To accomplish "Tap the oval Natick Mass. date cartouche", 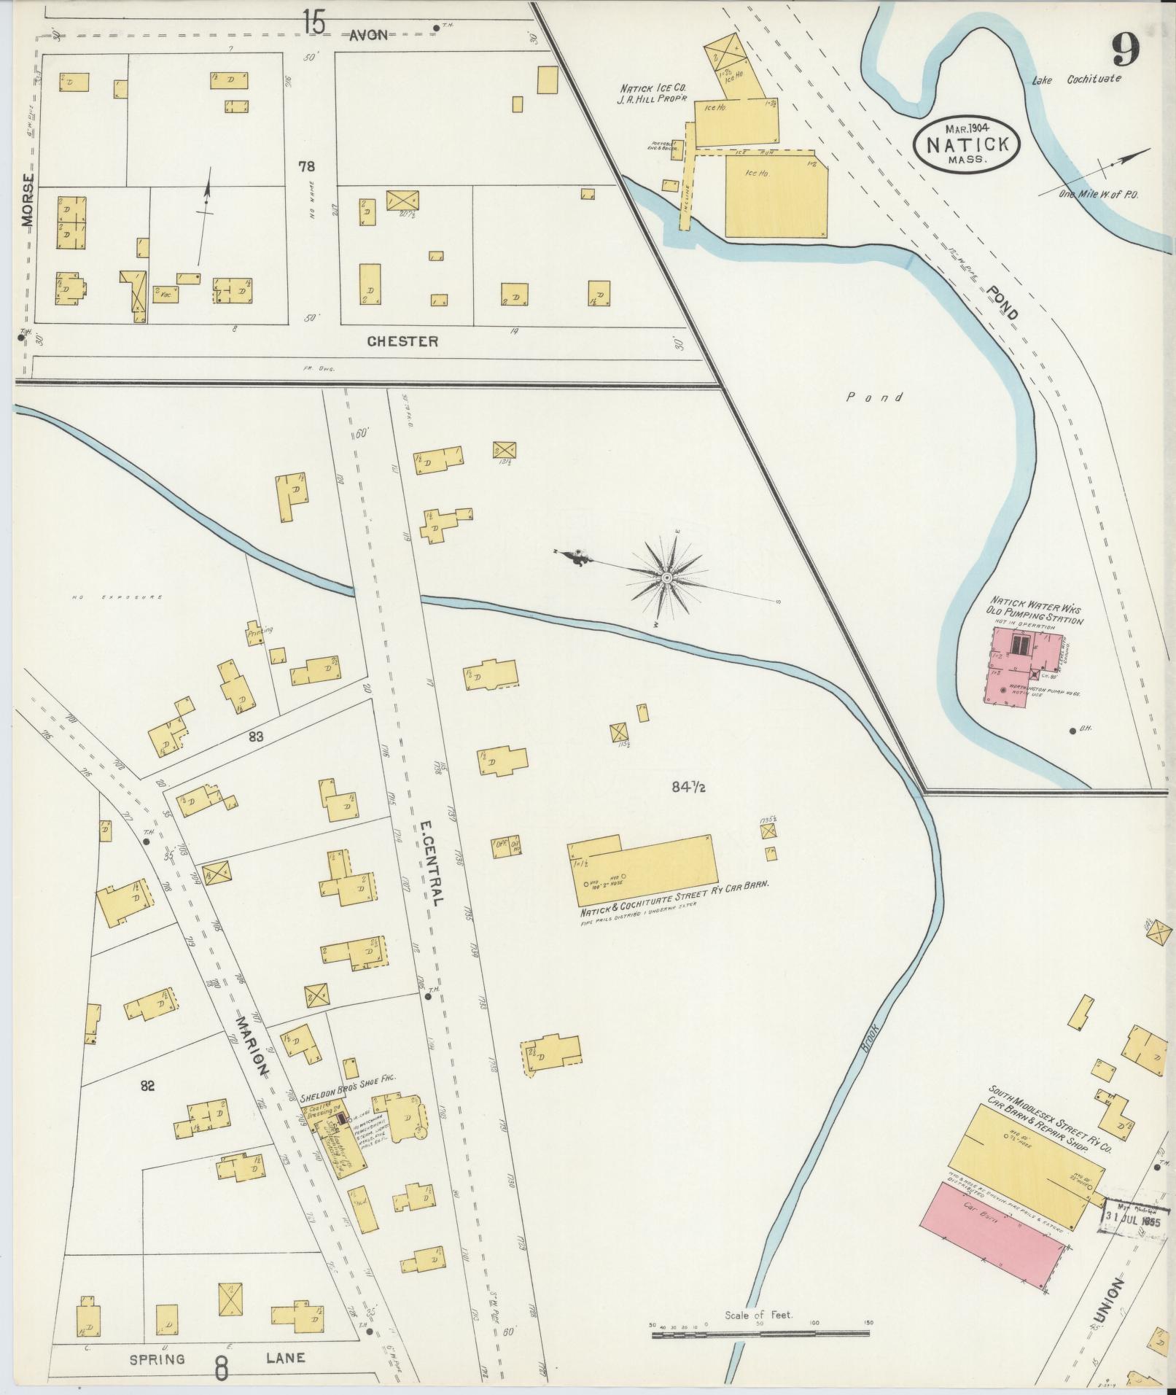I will pyautogui.click(x=967, y=144).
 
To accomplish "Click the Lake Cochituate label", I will pyautogui.click(x=1076, y=79).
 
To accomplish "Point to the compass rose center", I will pyautogui.click(x=666, y=578).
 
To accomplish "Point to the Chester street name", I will pyautogui.click(x=402, y=341).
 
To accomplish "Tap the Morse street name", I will pyautogui.click(x=28, y=201).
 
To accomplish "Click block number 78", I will pyautogui.click(x=306, y=167).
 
